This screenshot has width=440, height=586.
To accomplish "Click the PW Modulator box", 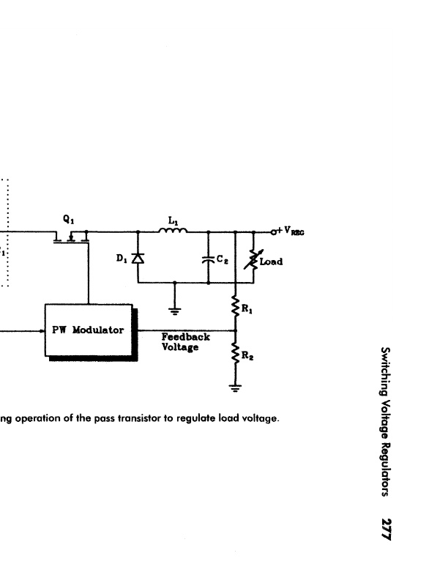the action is [x=89, y=330].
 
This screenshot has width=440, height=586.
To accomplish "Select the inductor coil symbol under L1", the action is [x=173, y=231].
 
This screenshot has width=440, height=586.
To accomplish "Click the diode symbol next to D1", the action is [x=138, y=258].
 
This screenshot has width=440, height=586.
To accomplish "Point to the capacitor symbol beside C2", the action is [x=209, y=259].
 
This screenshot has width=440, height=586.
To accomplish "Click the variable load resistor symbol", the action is [x=253, y=259].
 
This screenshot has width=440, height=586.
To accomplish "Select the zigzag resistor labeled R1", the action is [x=235, y=306].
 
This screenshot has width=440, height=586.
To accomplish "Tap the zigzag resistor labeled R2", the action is [x=235, y=353].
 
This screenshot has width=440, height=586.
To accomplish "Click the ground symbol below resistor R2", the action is [x=235, y=388].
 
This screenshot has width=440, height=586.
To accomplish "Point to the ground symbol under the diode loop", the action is [x=174, y=311].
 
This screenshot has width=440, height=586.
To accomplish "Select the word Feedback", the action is [x=186, y=337].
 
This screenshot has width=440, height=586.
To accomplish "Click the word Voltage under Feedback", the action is [x=180, y=347].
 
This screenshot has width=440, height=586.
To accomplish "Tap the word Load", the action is [x=271, y=262].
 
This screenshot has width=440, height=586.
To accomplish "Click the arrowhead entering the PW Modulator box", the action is [x=42, y=330].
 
